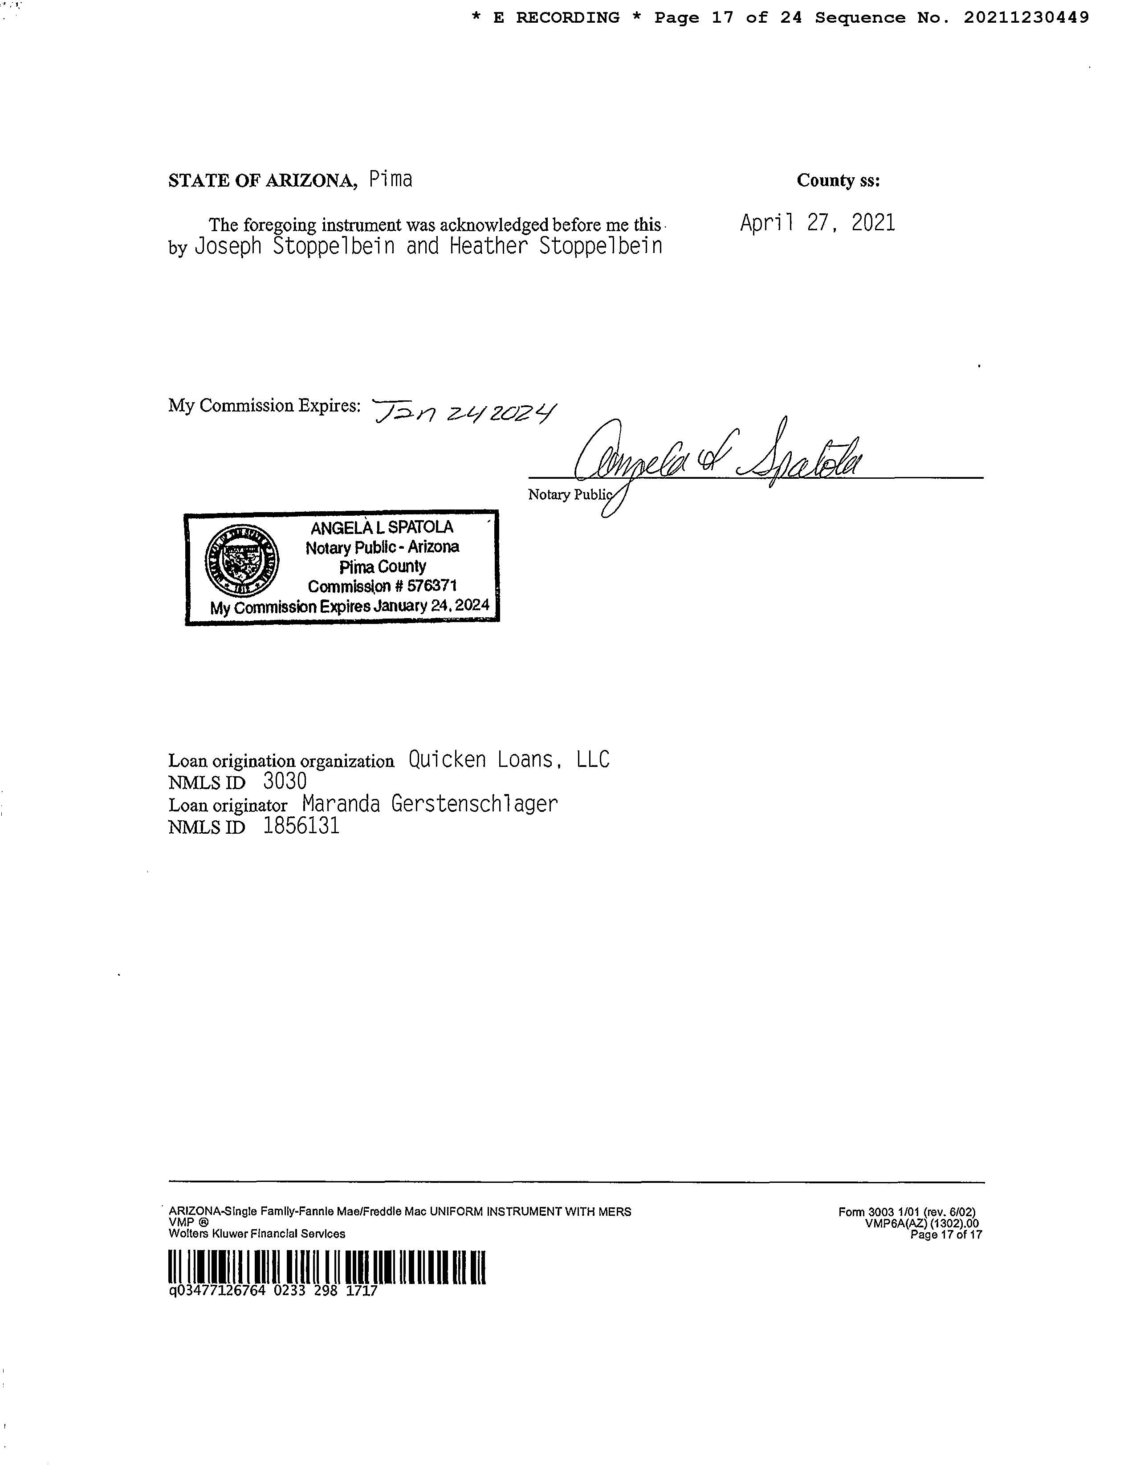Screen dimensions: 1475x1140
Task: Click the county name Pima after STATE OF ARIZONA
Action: click(x=391, y=179)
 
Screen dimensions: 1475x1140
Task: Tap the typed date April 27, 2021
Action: click(x=817, y=223)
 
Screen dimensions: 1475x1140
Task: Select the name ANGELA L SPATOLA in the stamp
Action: click(x=382, y=527)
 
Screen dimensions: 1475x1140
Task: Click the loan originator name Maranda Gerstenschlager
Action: click(x=430, y=804)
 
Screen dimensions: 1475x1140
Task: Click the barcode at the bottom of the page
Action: click(x=327, y=1267)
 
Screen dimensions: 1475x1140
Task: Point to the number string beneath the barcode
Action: click(x=273, y=1291)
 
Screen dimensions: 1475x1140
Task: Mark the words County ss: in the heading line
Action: click(x=838, y=180)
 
